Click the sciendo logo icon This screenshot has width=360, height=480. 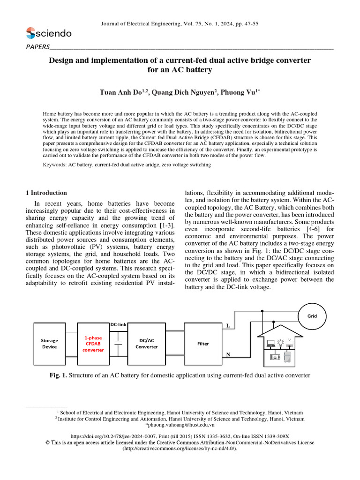click(x=30, y=33)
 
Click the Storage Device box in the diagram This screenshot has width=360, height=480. click(x=49, y=344)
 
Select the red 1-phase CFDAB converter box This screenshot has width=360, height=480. click(x=93, y=344)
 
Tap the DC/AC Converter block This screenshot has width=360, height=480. click(x=146, y=344)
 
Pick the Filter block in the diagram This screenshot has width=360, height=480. click(x=202, y=344)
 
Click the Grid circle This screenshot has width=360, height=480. click(x=312, y=316)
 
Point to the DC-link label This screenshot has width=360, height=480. click(x=119, y=324)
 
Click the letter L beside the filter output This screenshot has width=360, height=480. click(x=228, y=325)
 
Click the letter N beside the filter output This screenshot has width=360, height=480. click(x=228, y=355)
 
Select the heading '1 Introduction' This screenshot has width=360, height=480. click(x=45, y=193)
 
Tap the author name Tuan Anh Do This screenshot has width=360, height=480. click(x=123, y=93)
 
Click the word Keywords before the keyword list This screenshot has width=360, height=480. click(x=54, y=165)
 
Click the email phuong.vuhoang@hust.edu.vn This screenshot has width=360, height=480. click(x=180, y=425)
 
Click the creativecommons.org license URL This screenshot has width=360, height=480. click(x=180, y=449)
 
